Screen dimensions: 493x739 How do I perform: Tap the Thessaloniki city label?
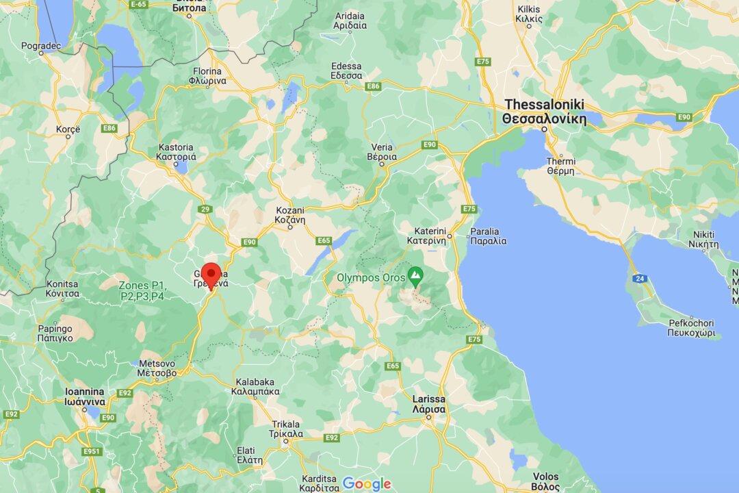tap(544, 111)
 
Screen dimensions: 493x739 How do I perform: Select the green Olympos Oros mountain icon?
tap(415, 277)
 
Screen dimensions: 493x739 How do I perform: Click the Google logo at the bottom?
tap(367, 483)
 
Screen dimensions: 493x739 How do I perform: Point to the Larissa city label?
tap(429, 403)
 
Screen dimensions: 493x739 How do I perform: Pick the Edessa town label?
tap(346, 71)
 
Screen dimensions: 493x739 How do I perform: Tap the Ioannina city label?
tap(84, 396)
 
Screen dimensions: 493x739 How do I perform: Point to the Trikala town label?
tap(287, 429)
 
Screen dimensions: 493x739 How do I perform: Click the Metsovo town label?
tap(158, 368)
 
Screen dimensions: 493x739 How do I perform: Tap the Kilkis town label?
tap(530, 14)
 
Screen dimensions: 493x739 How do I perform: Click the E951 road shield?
tap(92, 451)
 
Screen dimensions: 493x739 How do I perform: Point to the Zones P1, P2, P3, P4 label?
tap(142, 290)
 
